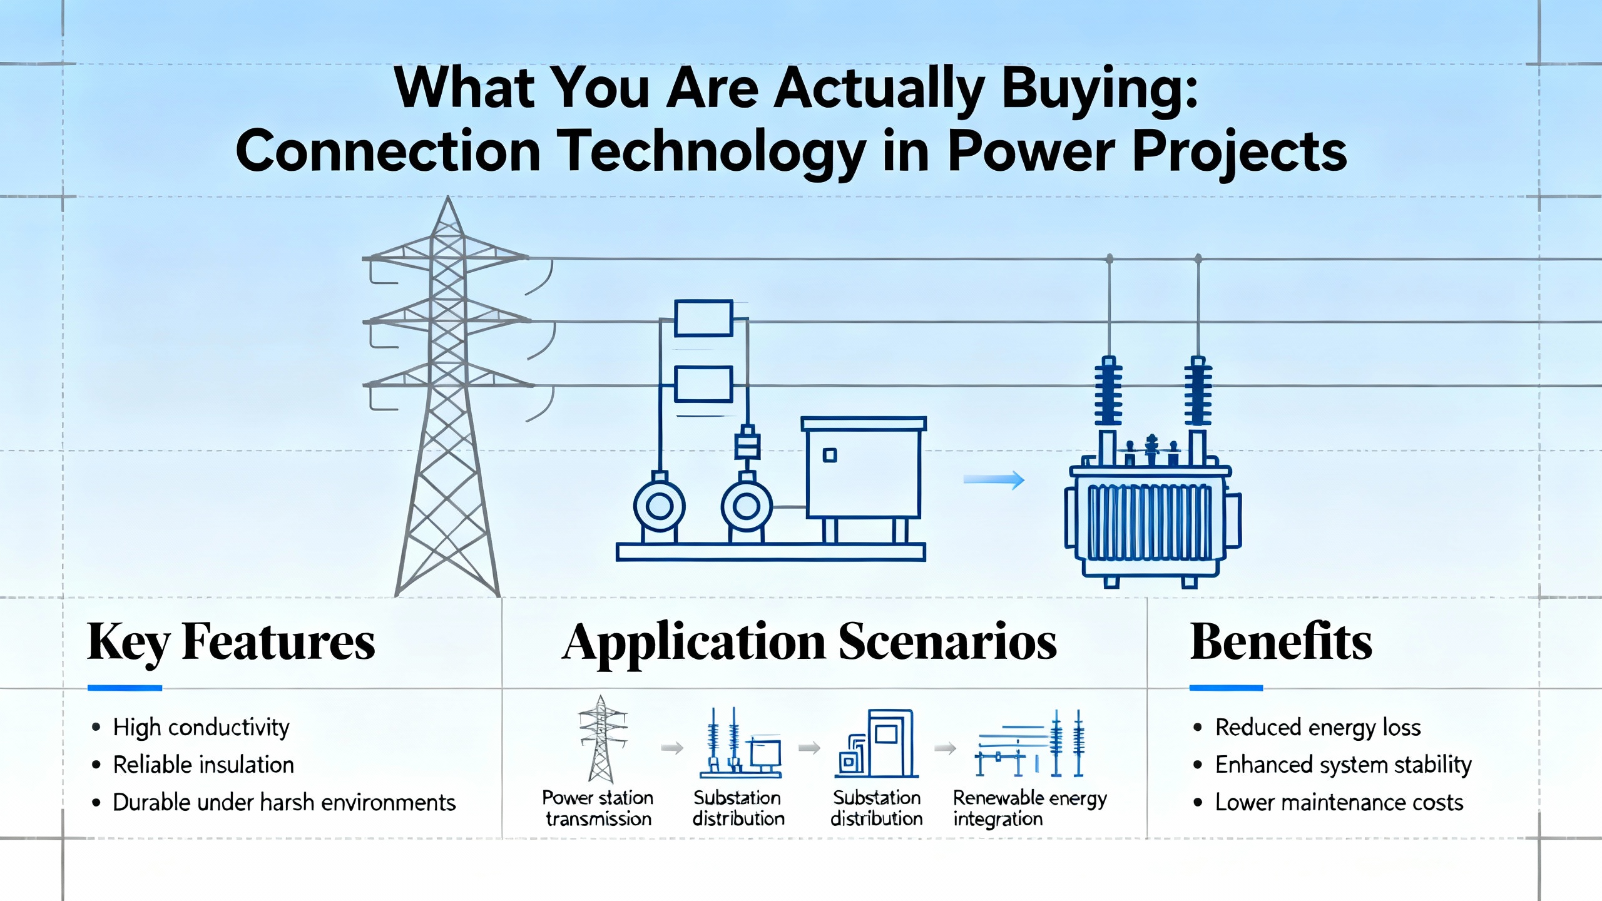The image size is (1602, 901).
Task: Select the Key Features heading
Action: (x=231, y=643)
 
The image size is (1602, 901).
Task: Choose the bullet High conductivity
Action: (x=191, y=728)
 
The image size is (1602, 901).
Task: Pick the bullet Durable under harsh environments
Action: (x=274, y=802)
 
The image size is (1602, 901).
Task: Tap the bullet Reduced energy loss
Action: (x=1307, y=728)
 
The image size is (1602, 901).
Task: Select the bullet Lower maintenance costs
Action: (x=1329, y=802)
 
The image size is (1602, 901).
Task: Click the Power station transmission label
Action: (x=598, y=808)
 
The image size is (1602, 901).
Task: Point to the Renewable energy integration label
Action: (x=1030, y=808)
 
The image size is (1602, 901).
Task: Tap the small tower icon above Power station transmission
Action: (x=601, y=739)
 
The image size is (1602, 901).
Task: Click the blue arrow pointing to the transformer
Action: (x=994, y=480)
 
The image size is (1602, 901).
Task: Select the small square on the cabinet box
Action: (x=830, y=455)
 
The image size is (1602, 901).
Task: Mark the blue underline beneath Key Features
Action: (x=125, y=688)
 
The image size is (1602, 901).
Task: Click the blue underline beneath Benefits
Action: (x=1226, y=688)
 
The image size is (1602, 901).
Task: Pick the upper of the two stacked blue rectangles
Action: (x=703, y=318)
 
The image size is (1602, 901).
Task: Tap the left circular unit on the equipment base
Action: (x=660, y=506)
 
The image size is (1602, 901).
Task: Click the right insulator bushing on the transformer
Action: (x=1198, y=391)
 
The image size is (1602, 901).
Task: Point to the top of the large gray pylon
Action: (x=447, y=197)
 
